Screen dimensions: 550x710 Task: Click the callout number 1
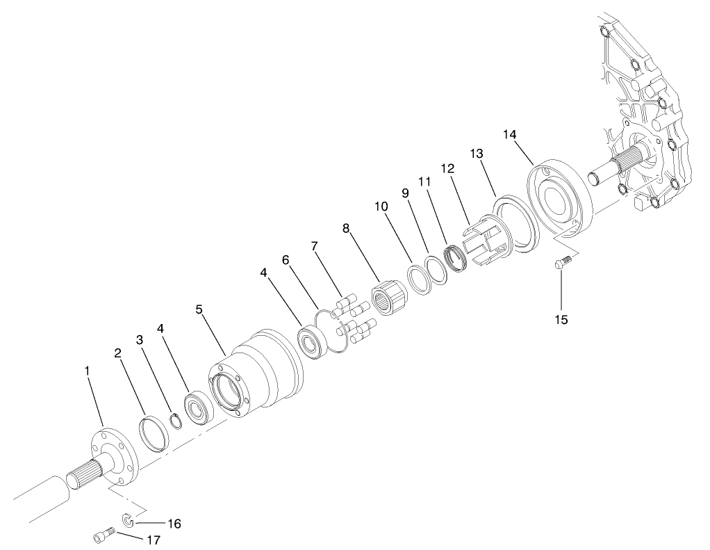point(88,372)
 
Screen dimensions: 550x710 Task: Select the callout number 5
point(199,309)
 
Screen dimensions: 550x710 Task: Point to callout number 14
point(510,134)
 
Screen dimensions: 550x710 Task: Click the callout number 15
point(561,319)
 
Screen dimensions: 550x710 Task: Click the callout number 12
point(446,169)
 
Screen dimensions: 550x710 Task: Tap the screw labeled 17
point(103,537)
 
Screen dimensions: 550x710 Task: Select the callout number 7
point(315,246)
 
